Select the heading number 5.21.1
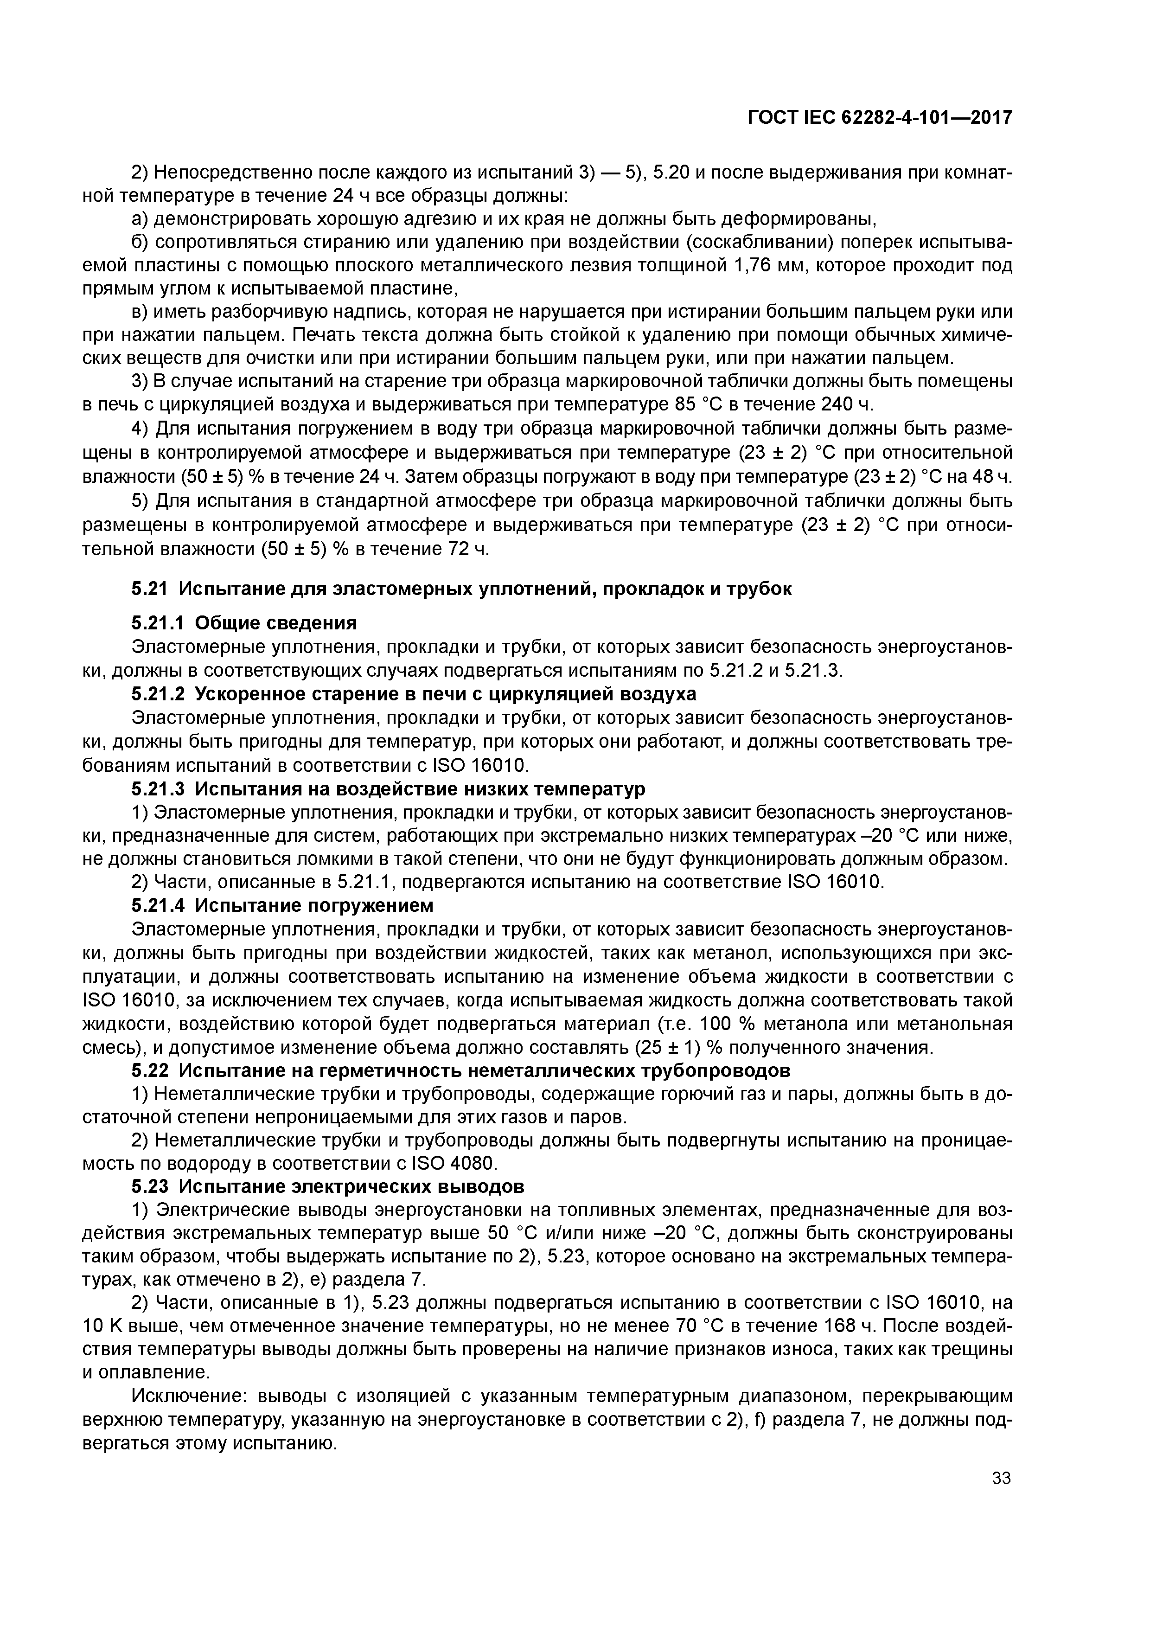[x=157, y=623]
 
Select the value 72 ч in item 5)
[x=468, y=549]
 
